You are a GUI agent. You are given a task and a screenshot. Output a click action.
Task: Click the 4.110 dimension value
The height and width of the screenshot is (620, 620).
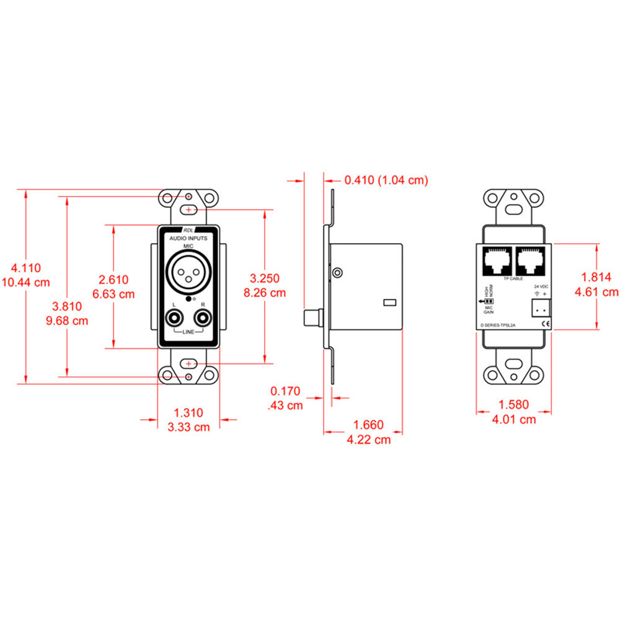click(x=26, y=268)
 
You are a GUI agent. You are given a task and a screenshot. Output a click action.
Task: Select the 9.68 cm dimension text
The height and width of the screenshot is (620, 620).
click(x=69, y=321)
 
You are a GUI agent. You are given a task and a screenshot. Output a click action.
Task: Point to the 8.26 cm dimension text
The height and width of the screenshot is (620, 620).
click(x=265, y=292)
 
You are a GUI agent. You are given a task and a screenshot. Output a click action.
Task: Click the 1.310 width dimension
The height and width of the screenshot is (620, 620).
click(x=188, y=412)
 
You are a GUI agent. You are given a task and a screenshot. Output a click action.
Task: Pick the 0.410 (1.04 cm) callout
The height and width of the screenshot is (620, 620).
click(x=386, y=180)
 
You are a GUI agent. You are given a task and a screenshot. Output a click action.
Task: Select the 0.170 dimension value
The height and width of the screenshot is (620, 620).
click(x=285, y=391)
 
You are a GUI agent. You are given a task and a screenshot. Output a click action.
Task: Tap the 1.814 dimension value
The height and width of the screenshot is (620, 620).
click(x=598, y=277)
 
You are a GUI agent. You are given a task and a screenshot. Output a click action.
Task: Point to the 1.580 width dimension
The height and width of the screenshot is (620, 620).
click(x=513, y=405)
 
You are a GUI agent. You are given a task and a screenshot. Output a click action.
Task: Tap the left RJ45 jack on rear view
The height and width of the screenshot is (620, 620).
click(x=496, y=261)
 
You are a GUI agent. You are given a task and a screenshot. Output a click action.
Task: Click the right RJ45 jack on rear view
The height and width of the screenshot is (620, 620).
click(x=531, y=261)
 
